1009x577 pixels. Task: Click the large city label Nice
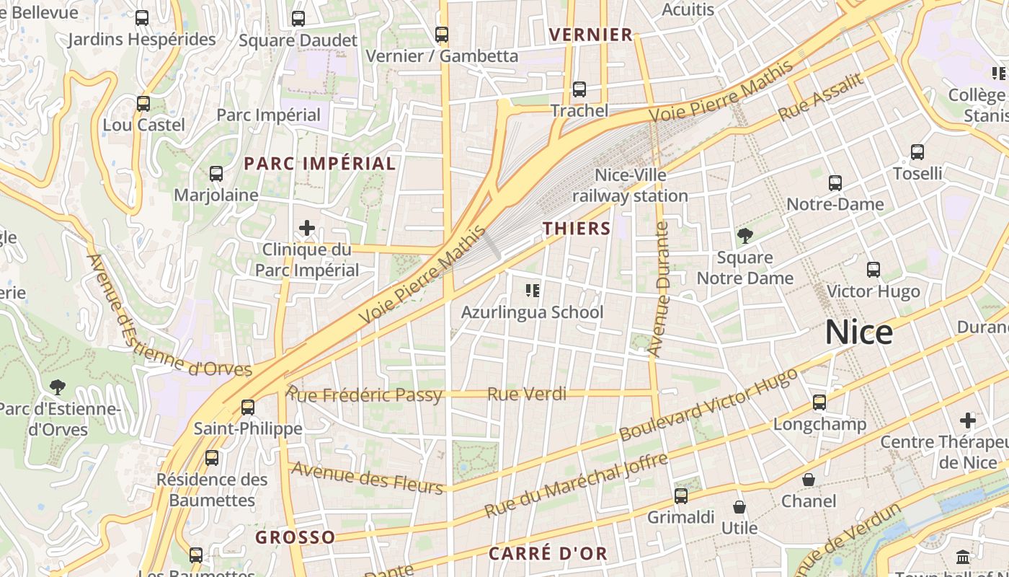point(858,332)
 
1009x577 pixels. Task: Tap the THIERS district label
point(577,229)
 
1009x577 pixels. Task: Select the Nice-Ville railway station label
point(631,185)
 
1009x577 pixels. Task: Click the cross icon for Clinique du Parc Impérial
point(307,229)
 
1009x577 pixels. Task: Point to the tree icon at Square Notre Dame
point(744,235)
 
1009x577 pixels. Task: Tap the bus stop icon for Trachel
point(579,89)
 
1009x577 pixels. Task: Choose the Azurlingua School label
point(532,312)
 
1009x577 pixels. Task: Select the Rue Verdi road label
point(527,394)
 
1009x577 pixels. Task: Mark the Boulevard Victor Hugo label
point(708,405)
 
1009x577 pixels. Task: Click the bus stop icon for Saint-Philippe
point(248,407)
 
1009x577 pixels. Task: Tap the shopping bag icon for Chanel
point(809,480)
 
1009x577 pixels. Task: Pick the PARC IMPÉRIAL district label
point(319,164)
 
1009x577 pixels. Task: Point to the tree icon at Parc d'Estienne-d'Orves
point(58,387)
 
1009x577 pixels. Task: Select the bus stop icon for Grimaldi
point(681,495)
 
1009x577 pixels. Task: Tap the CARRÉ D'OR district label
point(548,554)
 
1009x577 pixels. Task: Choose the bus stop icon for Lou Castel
point(143,103)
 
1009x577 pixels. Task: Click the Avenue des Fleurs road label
point(367,478)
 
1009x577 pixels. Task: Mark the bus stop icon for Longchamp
point(819,402)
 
